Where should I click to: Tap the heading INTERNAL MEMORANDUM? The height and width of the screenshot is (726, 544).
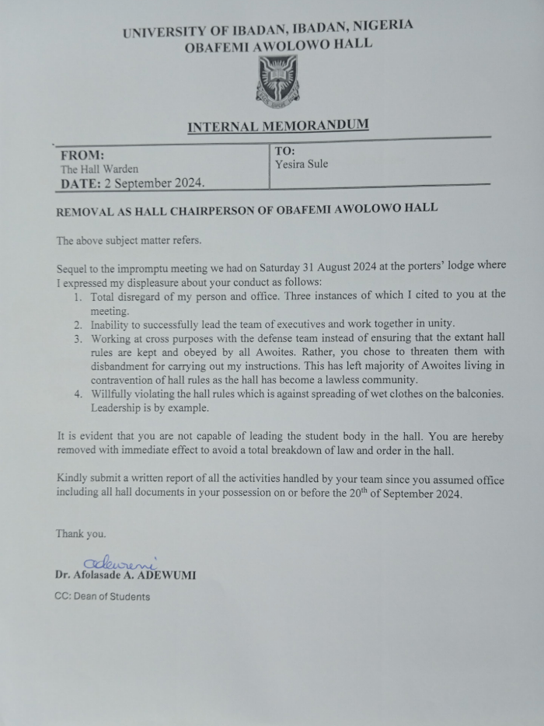point(278,126)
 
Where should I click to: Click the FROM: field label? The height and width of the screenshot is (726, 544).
point(82,155)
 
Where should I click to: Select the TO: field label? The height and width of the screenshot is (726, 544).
point(284,151)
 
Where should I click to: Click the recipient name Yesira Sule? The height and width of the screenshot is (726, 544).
point(302,165)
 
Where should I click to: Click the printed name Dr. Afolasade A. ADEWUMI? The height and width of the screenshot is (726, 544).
point(125,577)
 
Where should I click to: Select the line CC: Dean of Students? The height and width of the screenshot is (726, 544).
point(102,597)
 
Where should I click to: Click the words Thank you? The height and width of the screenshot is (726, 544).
point(80,535)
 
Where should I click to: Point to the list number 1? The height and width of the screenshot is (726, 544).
point(78,297)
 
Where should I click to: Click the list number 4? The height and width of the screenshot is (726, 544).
point(78,394)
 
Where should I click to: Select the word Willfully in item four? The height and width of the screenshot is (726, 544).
point(113,394)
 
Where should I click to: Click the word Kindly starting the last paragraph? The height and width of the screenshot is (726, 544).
point(72,479)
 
